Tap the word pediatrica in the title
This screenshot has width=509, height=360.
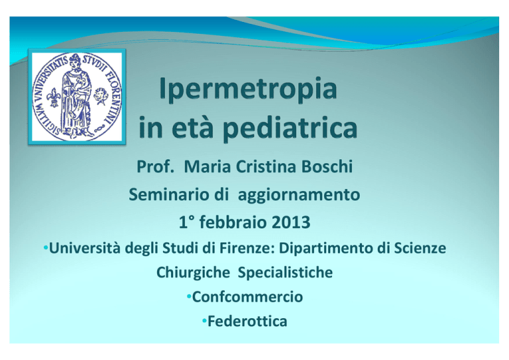click(x=290, y=128)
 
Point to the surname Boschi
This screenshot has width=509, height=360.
click(x=327, y=166)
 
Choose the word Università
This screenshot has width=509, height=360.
click(x=85, y=249)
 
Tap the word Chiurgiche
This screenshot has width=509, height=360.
click(x=193, y=272)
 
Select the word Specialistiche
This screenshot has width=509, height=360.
click(x=285, y=272)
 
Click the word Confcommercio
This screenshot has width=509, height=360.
click(x=247, y=297)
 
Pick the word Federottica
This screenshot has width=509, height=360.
click(x=247, y=322)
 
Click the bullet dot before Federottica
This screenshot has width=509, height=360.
click(x=204, y=321)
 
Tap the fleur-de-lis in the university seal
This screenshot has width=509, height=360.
click(x=54, y=97)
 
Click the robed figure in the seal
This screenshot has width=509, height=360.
click(x=76, y=94)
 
